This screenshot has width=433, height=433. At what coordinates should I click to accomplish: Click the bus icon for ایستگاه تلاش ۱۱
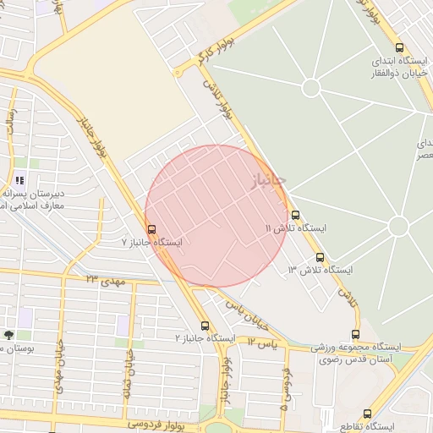(x=295, y=215)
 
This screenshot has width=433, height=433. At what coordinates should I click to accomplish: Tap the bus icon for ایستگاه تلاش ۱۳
(x=320, y=257)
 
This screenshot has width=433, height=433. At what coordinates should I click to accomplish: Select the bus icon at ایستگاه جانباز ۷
(x=151, y=229)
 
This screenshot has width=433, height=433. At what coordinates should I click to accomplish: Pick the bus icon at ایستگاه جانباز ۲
(x=205, y=326)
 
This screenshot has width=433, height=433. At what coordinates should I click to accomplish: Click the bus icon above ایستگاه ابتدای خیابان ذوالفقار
(x=399, y=48)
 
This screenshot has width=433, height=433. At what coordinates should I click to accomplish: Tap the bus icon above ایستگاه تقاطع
(x=366, y=414)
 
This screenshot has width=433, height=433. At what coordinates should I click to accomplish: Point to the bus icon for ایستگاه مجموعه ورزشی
(x=355, y=334)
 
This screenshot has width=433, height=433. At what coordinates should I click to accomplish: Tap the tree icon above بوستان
(x=8, y=335)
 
